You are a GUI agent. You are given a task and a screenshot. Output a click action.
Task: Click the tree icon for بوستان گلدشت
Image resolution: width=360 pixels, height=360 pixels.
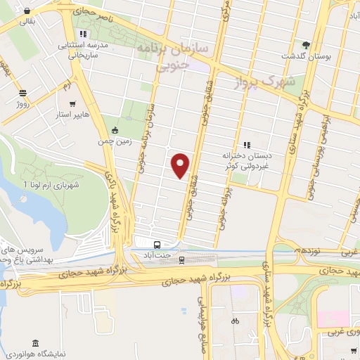click(305, 44)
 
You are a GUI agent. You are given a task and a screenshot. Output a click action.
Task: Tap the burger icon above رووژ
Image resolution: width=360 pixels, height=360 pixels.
click(22, 93)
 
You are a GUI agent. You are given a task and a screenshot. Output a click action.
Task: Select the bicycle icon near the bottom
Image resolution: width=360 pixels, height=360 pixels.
click(235, 321)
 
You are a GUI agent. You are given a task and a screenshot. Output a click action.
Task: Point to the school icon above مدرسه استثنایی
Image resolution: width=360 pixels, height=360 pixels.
click(84, 33)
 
